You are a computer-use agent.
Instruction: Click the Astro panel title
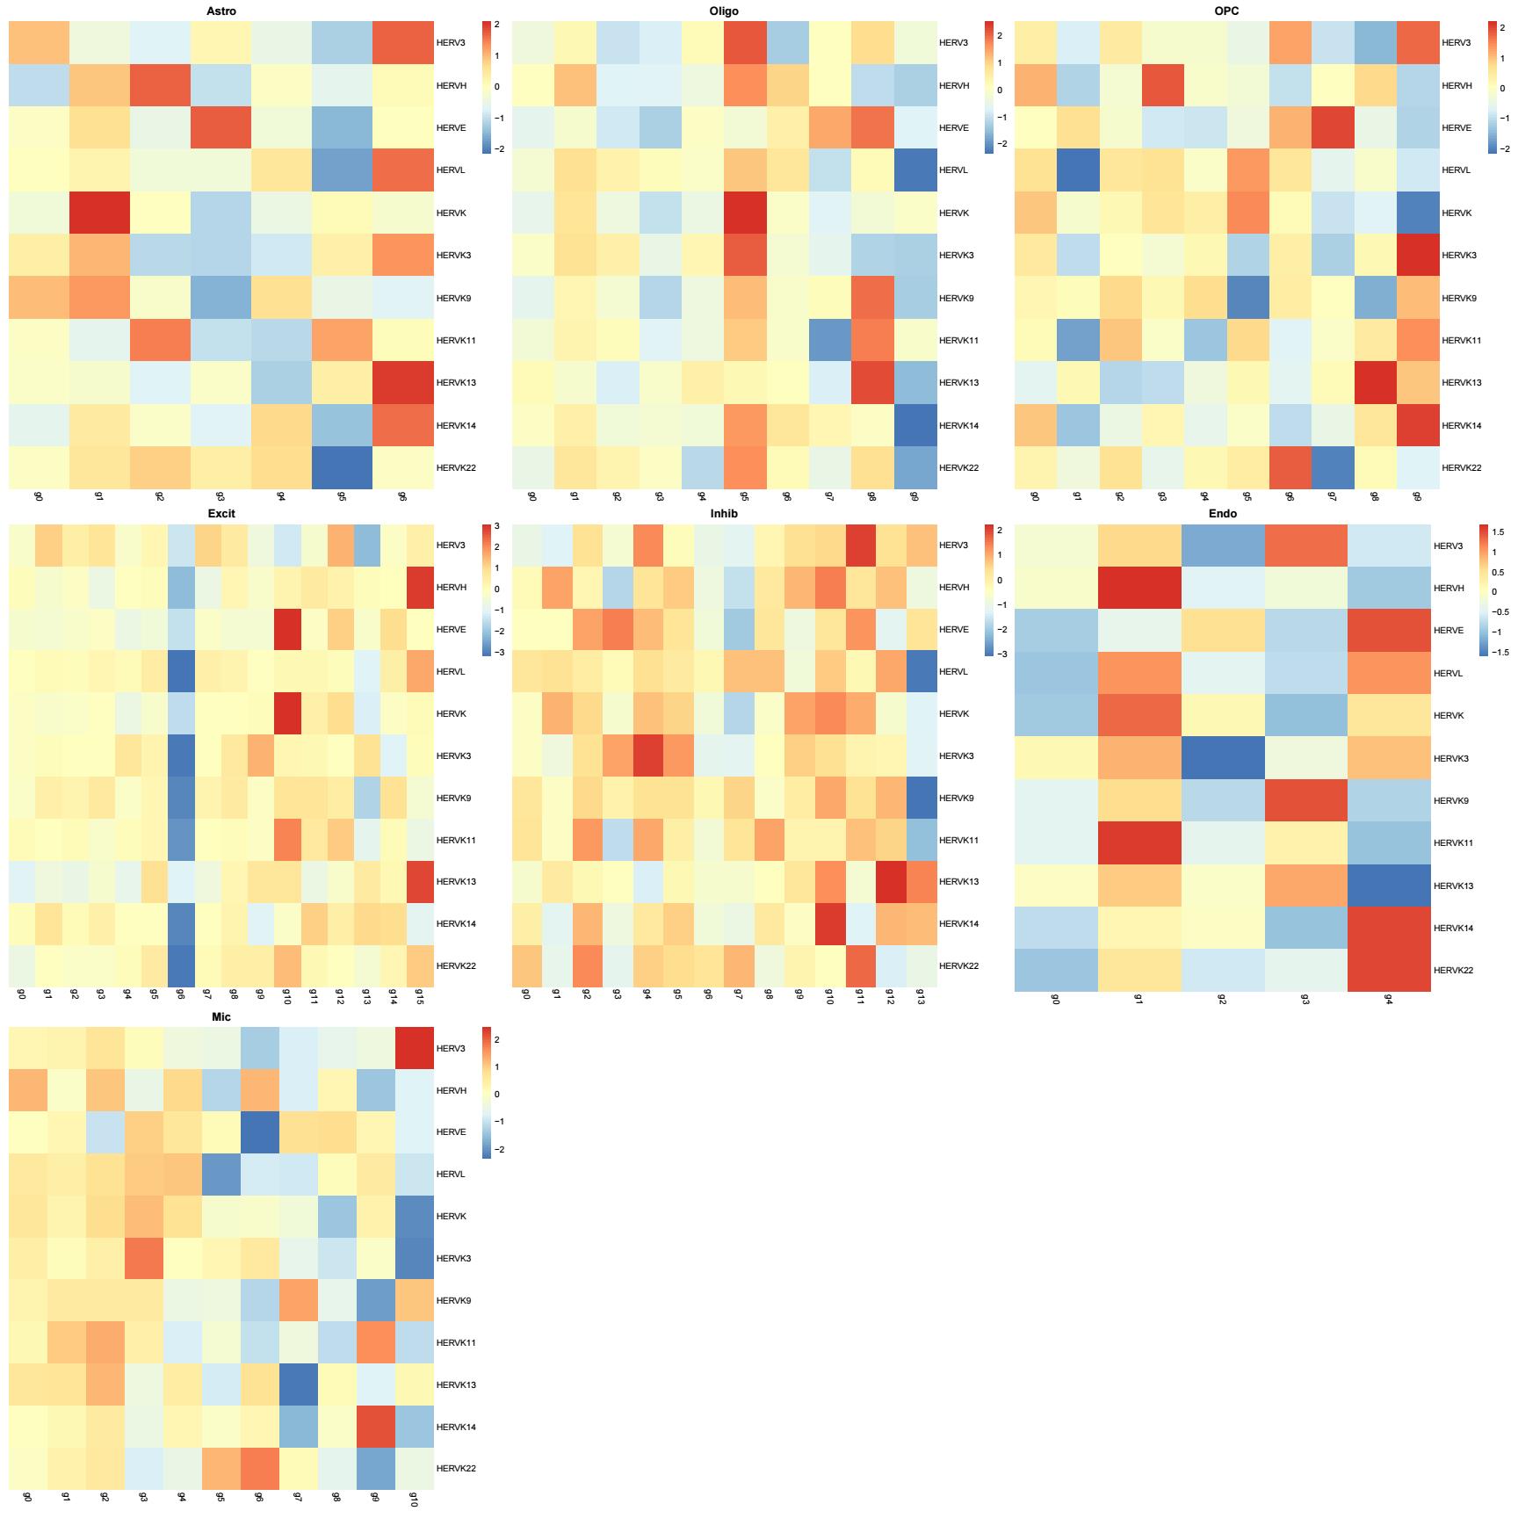[220, 11]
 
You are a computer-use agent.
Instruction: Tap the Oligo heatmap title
[724, 11]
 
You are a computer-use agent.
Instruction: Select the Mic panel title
[221, 1016]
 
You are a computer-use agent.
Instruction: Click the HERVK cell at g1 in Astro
[100, 213]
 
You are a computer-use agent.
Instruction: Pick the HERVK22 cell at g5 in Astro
[343, 467]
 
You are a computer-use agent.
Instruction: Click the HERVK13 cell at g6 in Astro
[403, 382]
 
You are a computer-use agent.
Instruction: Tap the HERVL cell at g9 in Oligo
[915, 170]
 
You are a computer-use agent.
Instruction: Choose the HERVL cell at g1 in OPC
[1078, 170]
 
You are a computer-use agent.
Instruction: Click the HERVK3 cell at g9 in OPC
[1418, 255]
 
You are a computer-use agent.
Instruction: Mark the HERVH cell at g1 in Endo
[1138, 588]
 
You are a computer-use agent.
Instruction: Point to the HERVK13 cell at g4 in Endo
[1388, 885]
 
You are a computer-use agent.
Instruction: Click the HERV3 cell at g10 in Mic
[415, 1048]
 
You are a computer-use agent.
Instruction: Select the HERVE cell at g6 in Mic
[260, 1131]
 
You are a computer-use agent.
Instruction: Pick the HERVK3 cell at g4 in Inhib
[647, 755]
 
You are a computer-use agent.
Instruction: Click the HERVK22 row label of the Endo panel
[1453, 971]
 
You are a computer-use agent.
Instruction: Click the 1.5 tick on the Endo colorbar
[1498, 531]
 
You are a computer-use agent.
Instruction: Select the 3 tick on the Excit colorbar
[495, 527]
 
